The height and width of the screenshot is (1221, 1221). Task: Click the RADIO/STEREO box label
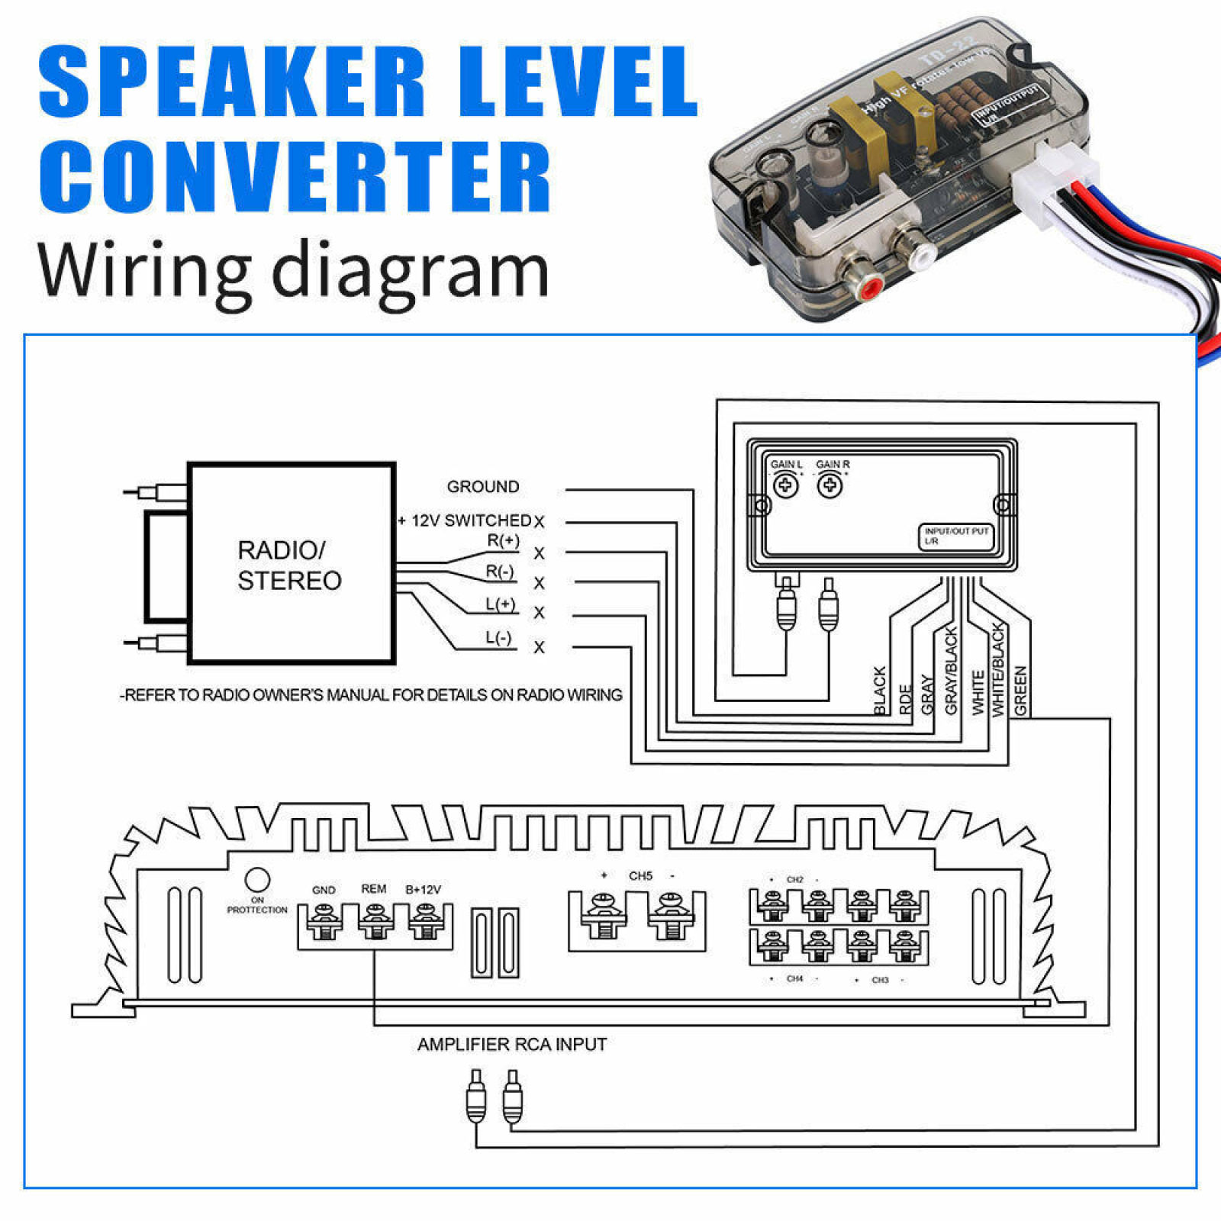click(289, 565)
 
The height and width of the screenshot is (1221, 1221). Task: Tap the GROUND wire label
click(482, 487)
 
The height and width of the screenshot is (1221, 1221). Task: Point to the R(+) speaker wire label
click(503, 541)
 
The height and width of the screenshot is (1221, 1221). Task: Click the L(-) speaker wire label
click(498, 638)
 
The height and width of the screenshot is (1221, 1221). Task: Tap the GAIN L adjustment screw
click(786, 485)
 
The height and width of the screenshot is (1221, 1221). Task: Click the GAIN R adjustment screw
click(830, 485)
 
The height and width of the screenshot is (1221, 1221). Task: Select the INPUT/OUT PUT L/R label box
click(955, 536)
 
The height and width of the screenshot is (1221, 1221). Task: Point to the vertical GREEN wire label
click(1020, 690)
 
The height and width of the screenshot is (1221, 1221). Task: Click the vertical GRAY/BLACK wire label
click(951, 671)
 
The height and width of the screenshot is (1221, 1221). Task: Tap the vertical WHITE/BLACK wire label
click(997, 670)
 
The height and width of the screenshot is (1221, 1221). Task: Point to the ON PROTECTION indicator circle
click(257, 880)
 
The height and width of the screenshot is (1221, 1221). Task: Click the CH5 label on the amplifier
click(640, 876)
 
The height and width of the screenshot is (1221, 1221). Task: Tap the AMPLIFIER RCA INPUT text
click(511, 1044)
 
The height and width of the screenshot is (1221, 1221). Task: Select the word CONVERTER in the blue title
click(295, 177)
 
